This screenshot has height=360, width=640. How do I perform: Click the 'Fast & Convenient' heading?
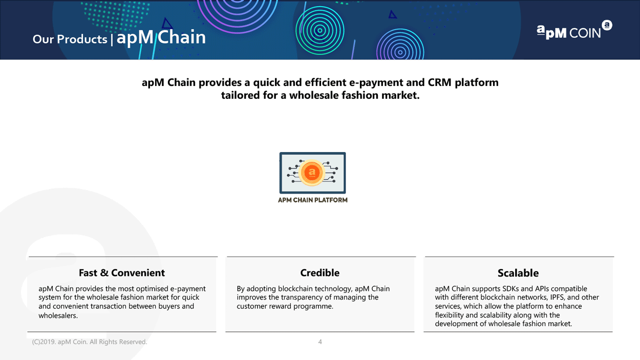pos(122,273)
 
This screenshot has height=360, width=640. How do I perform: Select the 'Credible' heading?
pos(319,273)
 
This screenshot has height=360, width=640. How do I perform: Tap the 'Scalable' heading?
pos(518,273)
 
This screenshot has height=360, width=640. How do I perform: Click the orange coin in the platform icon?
pos(312,173)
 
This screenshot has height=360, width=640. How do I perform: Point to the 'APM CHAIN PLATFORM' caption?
pos(312,200)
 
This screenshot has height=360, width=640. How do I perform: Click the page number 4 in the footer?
pos(320,342)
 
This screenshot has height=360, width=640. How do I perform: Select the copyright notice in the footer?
pos(90,342)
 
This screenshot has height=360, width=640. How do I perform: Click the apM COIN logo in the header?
pos(574,30)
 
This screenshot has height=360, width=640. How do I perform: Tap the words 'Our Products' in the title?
pos(70,39)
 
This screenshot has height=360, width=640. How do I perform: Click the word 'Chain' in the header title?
pos(182,37)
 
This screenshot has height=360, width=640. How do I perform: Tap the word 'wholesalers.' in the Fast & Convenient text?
pos(58,315)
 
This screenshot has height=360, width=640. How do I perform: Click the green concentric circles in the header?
pos(319,30)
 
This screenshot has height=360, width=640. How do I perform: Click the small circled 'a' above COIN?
pos(607,25)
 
